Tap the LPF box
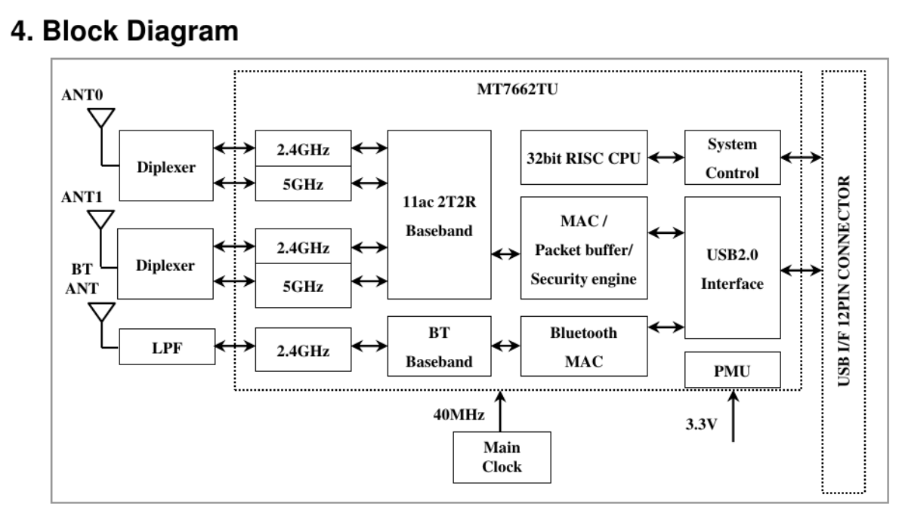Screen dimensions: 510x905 (x=166, y=349)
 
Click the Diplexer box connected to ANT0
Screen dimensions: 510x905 (x=166, y=167)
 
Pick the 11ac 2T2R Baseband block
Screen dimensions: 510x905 (x=439, y=215)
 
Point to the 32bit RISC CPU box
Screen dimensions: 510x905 (x=584, y=158)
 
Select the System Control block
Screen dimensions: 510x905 (x=732, y=158)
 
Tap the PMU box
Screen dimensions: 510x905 (x=732, y=370)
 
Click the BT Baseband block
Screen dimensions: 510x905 (x=439, y=347)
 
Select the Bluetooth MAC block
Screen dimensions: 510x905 (x=584, y=347)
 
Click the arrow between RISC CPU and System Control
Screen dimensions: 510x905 (x=666, y=158)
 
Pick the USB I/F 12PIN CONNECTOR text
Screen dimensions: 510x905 (x=845, y=282)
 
